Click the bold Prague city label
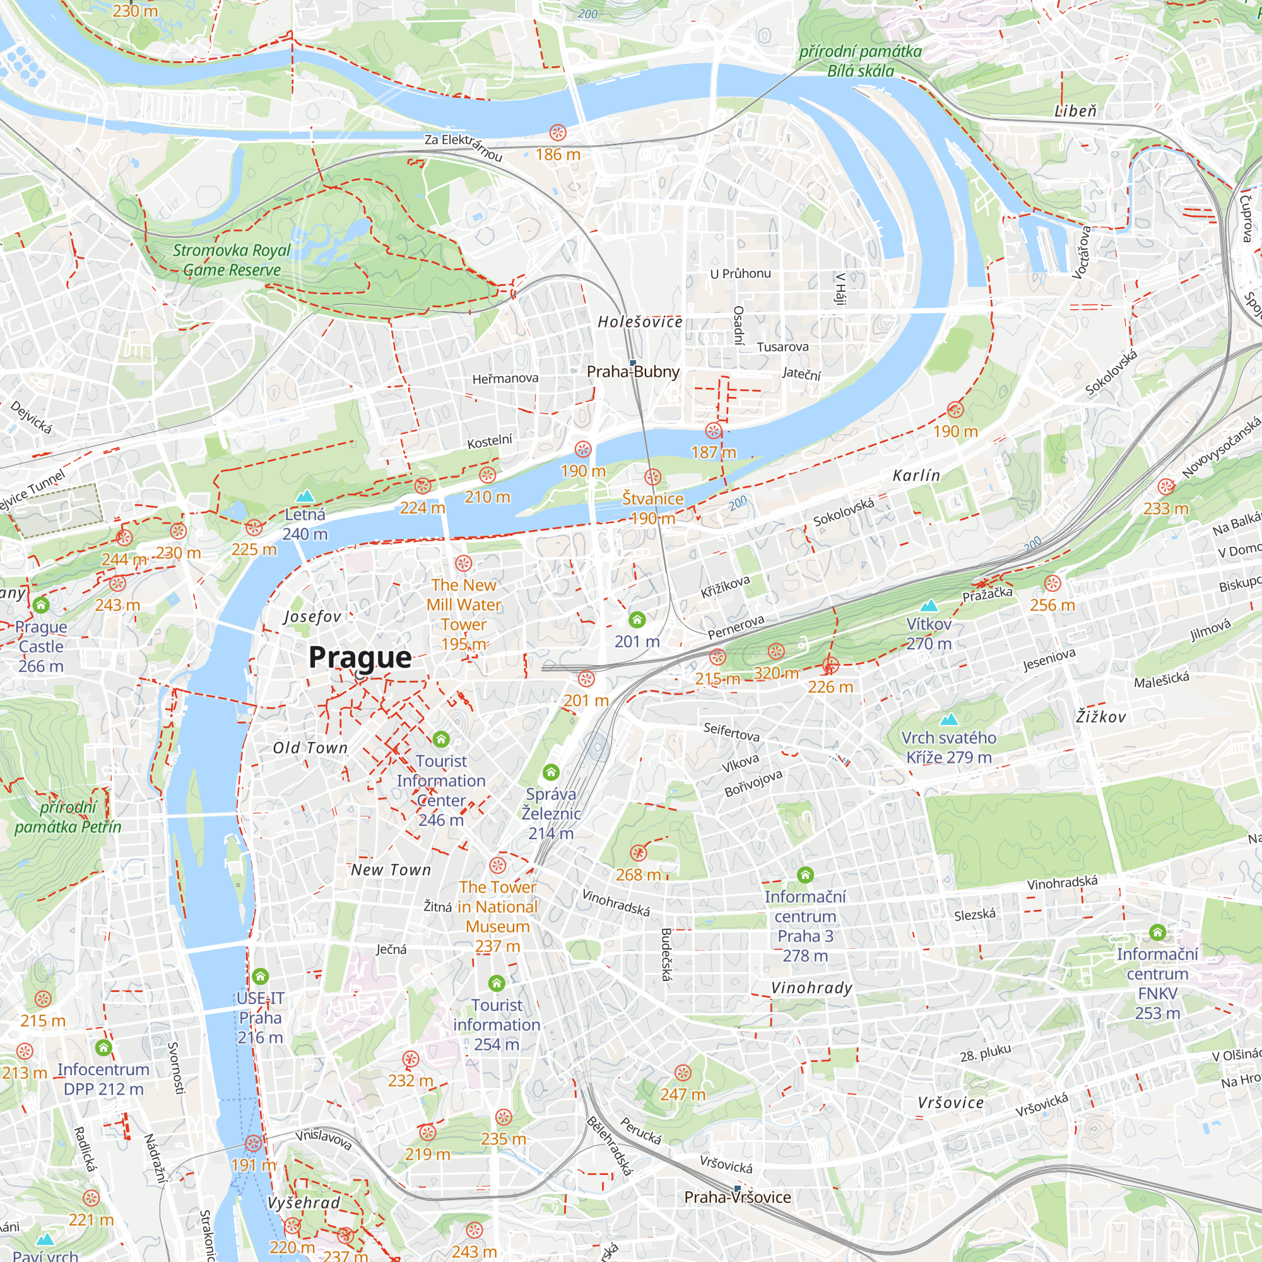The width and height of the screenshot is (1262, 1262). (x=360, y=657)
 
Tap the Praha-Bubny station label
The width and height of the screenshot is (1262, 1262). (x=633, y=372)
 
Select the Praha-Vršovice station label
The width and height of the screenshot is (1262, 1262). (x=738, y=1196)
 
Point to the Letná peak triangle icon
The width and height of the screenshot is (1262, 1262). (x=305, y=497)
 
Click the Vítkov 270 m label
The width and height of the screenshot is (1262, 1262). (x=929, y=634)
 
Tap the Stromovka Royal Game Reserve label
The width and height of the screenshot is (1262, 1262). (x=231, y=260)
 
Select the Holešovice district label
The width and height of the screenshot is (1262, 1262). (x=640, y=321)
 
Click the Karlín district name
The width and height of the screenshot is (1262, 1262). (x=916, y=476)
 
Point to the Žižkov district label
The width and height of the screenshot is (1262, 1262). (x=1100, y=717)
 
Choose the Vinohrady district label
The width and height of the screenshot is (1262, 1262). (x=812, y=988)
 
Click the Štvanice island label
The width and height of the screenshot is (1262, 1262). (x=652, y=498)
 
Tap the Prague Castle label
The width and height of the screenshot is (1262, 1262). (x=40, y=646)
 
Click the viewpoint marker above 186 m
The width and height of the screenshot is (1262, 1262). (x=557, y=133)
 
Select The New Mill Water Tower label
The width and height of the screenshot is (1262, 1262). (x=464, y=605)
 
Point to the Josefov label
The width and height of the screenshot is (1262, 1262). (x=312, y=616)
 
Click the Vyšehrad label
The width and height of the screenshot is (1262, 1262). (x=304, y=1203)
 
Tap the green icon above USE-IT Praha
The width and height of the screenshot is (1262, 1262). (x=261, y=977)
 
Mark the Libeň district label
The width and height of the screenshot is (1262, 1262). (x=1075, y=111)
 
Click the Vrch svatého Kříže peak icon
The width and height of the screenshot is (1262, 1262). (x=948, y=719)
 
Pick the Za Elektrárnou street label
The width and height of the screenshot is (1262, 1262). (x=463, y=147)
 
